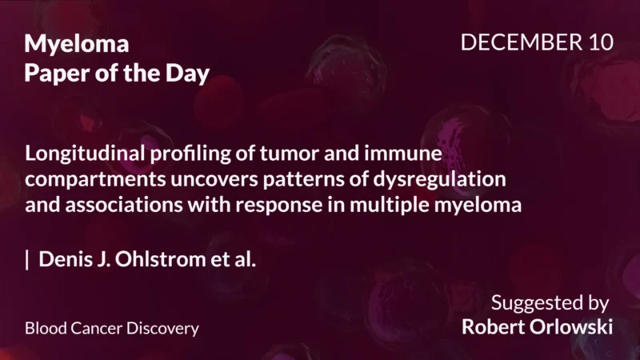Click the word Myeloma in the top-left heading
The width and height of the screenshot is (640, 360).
pos(77,45)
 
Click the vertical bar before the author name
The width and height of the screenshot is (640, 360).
pos(28,259)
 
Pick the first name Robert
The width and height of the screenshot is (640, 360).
pos(493,327)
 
